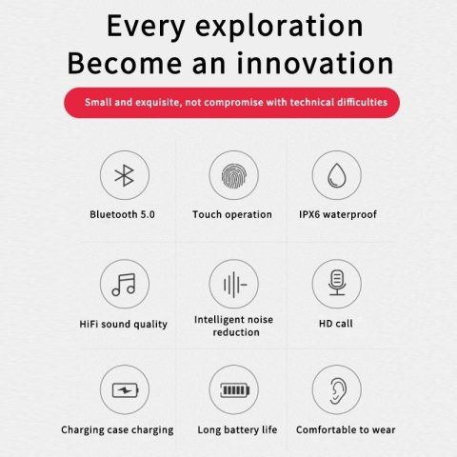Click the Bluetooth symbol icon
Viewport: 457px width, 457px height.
coord(124,175)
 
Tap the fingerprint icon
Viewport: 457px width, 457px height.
coord(234,175)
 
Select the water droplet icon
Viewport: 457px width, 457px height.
coord(336,175)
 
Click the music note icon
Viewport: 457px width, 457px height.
coord(124,285)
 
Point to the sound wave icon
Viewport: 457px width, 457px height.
coord(235,285)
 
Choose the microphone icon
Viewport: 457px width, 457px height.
coord(337,283)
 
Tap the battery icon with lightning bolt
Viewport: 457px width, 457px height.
coord(126,390)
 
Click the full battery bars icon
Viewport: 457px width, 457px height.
coord(235,390)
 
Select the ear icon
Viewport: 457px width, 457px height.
coord(338,390)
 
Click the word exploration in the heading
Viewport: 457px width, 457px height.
coord(279,27)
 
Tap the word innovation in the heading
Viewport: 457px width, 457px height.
coord(315,63)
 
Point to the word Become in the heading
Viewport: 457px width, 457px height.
coord(125,63)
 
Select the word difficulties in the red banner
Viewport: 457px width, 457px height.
coord(362,102)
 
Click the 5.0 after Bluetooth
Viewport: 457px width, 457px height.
coord(148,214)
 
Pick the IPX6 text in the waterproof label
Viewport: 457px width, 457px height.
coord(309,214)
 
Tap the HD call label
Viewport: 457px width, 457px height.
coord(336,324)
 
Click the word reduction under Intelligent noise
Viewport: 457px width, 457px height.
coord(236,332)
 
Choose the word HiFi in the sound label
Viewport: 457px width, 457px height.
coord(89,324)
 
